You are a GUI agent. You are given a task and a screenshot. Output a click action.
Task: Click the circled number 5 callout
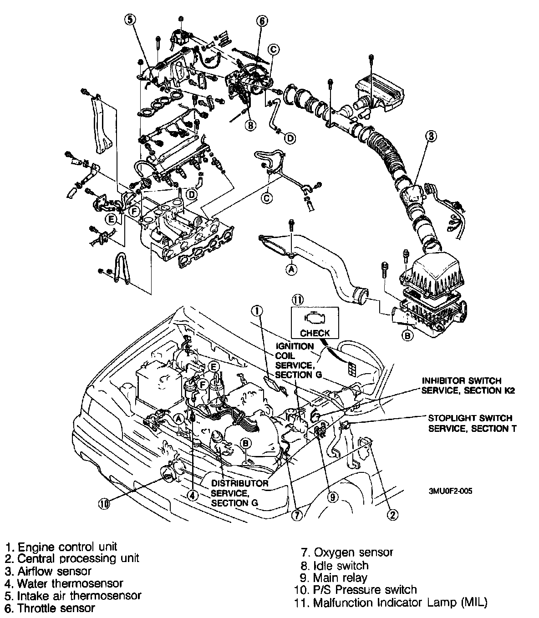(131, 20)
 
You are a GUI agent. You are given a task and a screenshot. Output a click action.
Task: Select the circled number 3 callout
(431, 135)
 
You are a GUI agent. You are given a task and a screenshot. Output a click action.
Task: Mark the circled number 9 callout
(332, 497)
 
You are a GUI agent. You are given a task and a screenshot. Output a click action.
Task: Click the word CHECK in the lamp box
(315, 333)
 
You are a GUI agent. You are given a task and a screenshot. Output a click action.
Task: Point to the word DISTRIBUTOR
(239, 483)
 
